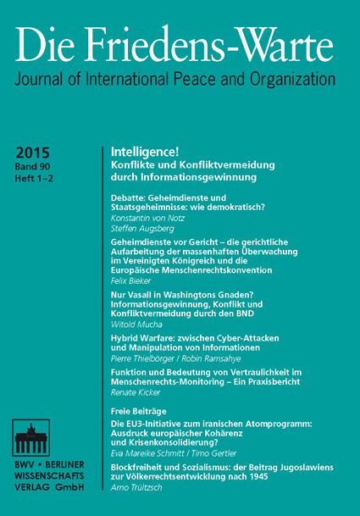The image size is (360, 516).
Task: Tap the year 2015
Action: tap(34, 152)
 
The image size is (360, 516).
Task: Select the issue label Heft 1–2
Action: tap(33, 180)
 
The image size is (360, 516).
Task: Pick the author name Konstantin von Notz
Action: tap(150, 218)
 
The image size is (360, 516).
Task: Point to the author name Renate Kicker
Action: tap(136, 395)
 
